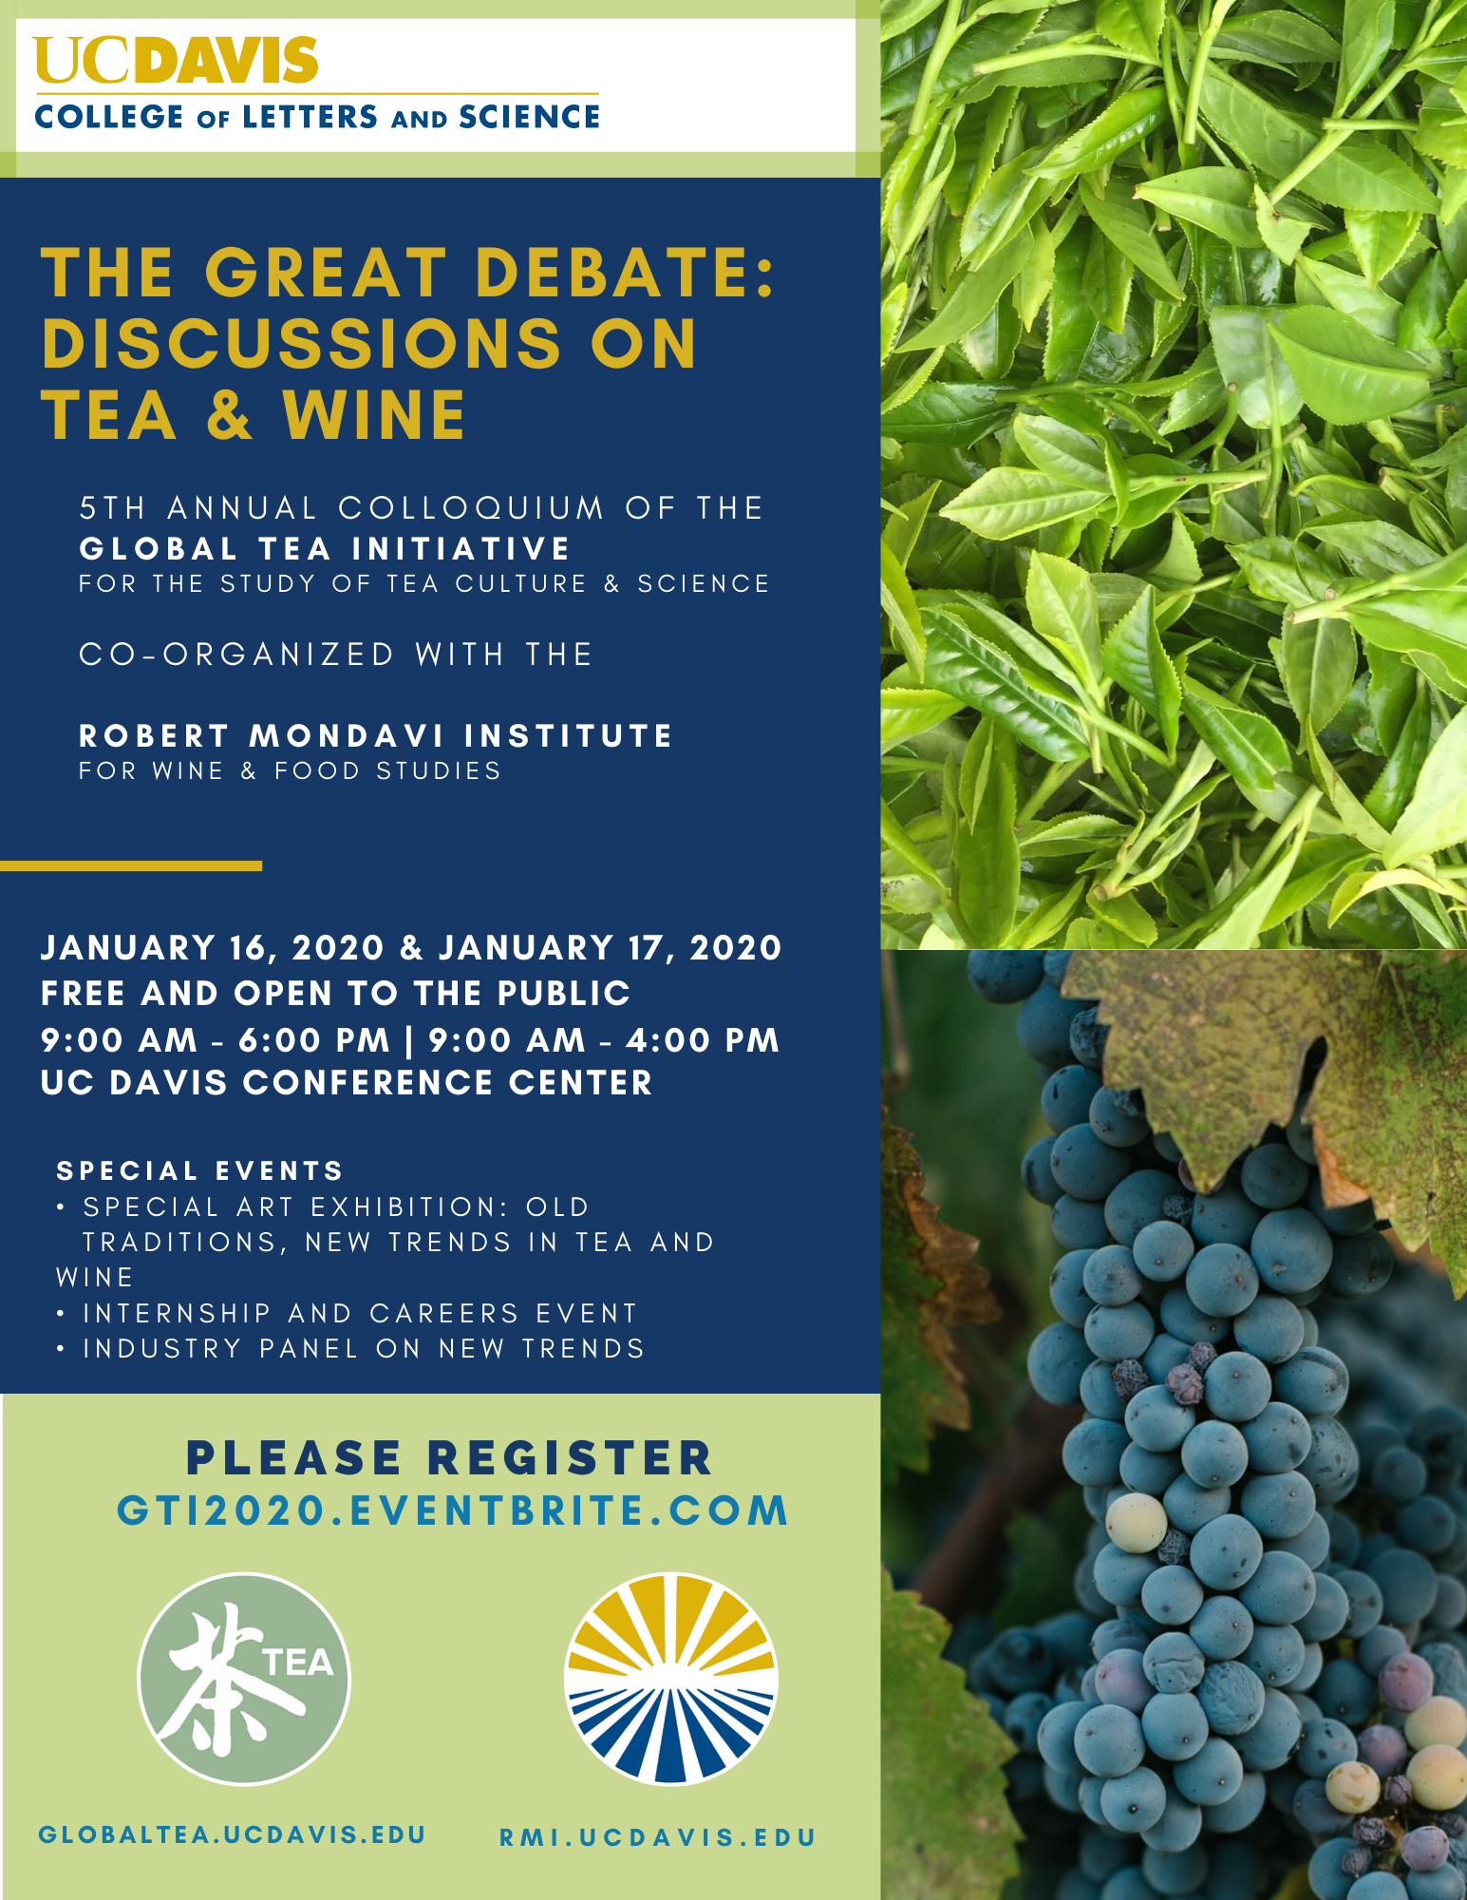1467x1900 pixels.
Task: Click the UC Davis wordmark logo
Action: (176, 61)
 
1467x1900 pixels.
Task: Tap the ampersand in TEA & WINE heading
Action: (229, 416)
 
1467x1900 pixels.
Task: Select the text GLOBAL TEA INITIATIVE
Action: (325, 549)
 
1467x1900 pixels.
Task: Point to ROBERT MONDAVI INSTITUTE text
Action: (376, 735)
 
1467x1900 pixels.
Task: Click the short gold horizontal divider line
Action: (131, 865)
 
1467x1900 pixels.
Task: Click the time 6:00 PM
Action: (314, 1040)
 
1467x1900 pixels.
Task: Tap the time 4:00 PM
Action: (703, 1040)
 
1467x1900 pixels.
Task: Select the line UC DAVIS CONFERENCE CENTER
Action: (347, 1083)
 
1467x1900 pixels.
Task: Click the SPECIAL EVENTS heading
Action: (199, 1170)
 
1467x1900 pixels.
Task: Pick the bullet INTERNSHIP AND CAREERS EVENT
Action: (347, 1313)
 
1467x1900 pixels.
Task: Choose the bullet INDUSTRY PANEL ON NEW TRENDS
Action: (350, 1348)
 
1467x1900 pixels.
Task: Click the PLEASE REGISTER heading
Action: (449, 1458)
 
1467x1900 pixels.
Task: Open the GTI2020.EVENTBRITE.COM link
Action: (453, 1510)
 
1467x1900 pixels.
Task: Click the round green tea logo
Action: (244, 1680)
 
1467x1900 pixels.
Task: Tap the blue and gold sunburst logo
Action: (670, 1680)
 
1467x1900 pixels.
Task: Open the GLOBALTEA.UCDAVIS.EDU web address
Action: (232, 1834)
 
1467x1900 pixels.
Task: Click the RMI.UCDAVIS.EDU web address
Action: (658, 1838)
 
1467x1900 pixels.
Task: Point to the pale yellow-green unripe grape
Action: (1136, 1522)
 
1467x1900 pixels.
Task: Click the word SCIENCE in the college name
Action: (530, 117)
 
